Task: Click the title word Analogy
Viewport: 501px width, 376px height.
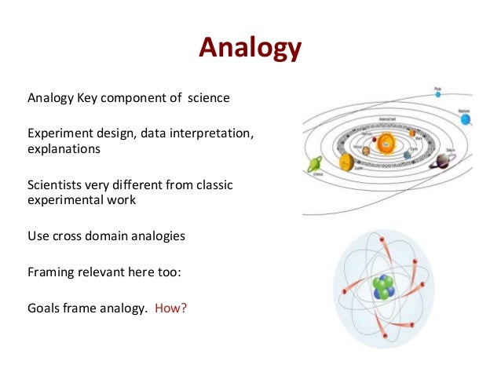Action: (250, 48)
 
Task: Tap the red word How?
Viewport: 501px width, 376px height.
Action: (170, 308)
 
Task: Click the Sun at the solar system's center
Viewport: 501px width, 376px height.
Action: (386, 144)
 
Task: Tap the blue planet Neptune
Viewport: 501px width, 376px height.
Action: (466, 120)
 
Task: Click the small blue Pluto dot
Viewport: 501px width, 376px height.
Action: (437, 95)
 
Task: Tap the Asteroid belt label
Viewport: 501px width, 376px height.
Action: (390, 119)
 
